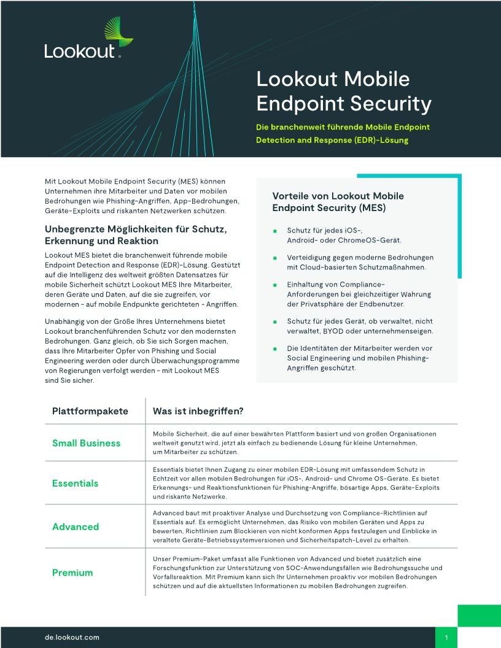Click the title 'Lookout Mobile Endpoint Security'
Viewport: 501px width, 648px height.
(x=343, y=91)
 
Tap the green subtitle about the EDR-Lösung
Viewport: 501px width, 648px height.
(x=343, y=134)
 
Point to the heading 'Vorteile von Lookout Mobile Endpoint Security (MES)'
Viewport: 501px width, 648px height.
(x=338, y=202)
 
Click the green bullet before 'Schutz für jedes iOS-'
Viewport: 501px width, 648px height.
(x=276, y=231)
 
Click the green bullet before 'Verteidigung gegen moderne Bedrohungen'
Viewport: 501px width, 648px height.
(x=276, y=258)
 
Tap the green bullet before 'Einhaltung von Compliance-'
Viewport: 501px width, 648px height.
(x=276, y=285)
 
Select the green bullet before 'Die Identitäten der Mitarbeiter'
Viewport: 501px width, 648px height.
(x=276, y=349)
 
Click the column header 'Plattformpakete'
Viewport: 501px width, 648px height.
(x=90, y=411)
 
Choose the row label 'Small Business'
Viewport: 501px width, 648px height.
(x=87, y=443)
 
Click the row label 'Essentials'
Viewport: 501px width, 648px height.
(x=75, y=484)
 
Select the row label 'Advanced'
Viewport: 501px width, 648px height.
(x=76, y=526)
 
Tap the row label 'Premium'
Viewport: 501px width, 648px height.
(x=72, y=573)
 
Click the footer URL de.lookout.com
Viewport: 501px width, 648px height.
(x=72, y=638)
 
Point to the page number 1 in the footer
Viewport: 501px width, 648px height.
(x=446, y=638)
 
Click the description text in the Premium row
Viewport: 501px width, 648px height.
(x=295, y=573)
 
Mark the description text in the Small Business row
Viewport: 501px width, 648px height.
(x=295, y=443)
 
